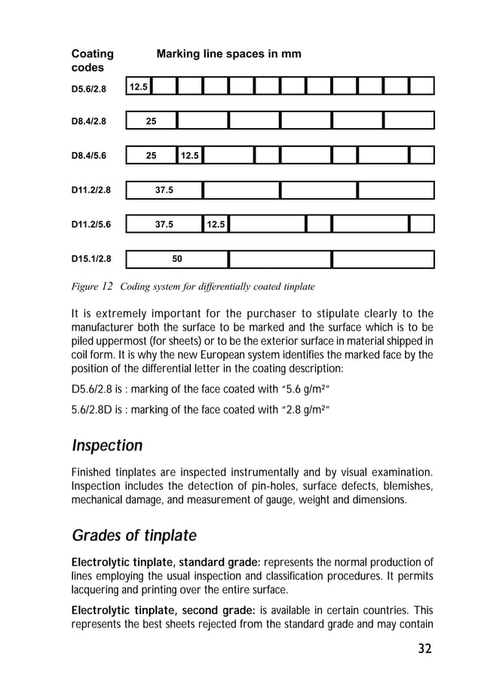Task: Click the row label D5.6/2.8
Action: [x=88, y=89]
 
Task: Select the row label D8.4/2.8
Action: [x=88, y=121]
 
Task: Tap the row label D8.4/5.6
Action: [x=88, y=157]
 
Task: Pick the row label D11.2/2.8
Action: [x=90, y=190]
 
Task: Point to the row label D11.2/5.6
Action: [x=90, y=224]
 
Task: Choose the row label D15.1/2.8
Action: [x=90, y=260]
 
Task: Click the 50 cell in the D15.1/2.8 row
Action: [x=176, y=259]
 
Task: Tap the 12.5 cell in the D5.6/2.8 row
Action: [x=138, y=87]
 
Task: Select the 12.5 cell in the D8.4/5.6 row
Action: [x=190, y=156]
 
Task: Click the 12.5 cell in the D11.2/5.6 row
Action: [x=216, y=224]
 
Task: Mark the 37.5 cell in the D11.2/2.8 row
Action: [x=164, y=190]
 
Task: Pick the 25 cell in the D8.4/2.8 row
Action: [x=151, y=121]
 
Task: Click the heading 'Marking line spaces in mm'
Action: [x=228, y=54]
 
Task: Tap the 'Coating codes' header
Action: [x=92, y=61]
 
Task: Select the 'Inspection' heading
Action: [x=107, y=446]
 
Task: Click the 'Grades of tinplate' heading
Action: [x=133, y=536]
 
